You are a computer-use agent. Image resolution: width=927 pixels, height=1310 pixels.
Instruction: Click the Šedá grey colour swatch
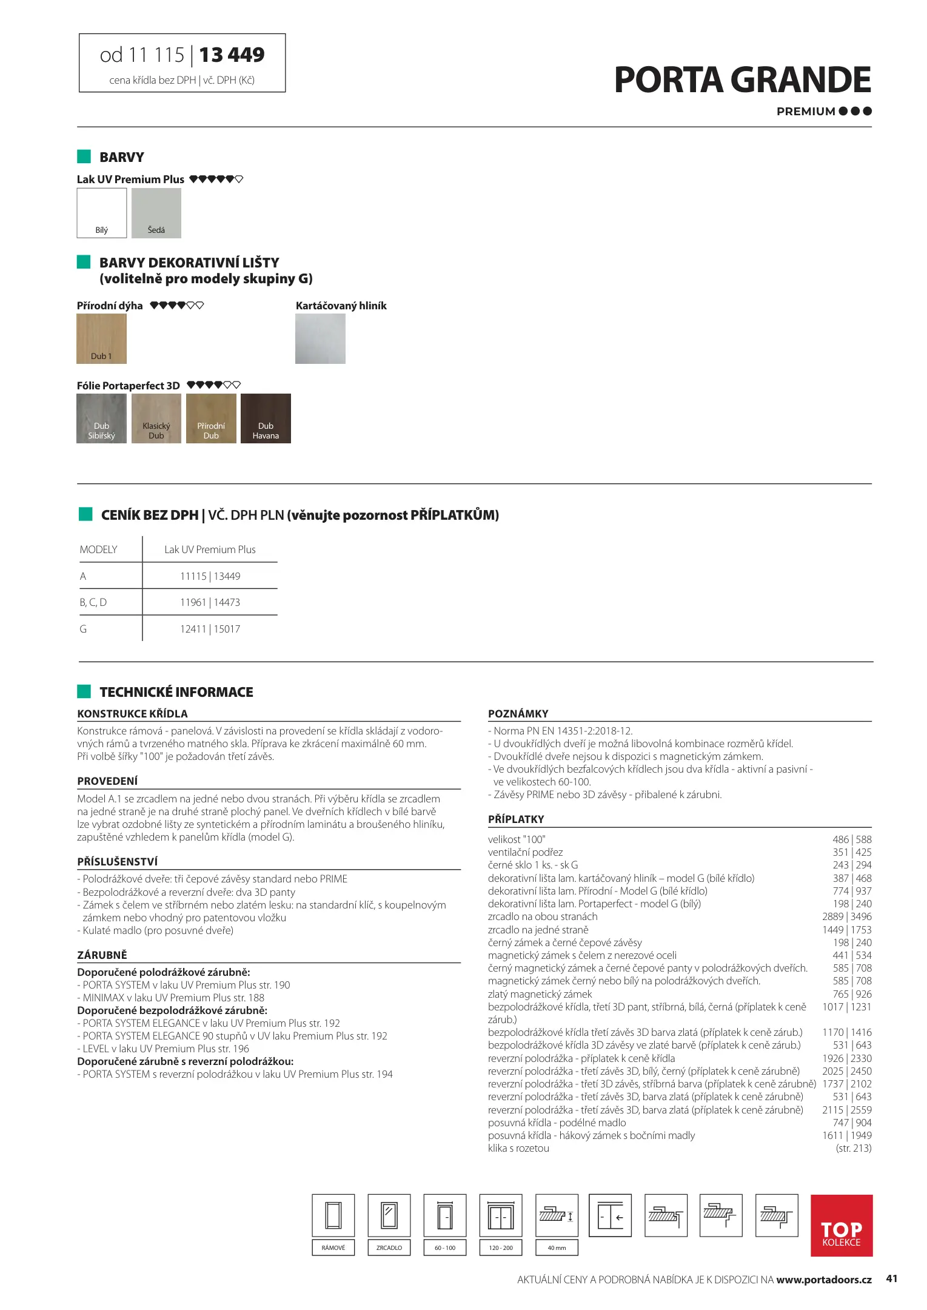(156, 212)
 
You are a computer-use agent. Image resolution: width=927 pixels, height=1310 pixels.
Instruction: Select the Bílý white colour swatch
(102, 212)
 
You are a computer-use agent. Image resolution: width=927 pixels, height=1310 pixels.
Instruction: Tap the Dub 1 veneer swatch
(101, 338)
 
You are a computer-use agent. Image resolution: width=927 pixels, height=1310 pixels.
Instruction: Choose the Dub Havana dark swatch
(266, 418)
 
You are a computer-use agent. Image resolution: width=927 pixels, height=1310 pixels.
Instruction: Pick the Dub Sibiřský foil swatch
(101, 418)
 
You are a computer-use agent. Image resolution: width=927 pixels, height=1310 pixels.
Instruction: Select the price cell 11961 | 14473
(210, 602)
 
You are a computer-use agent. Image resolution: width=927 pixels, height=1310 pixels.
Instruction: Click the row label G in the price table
(83, 629)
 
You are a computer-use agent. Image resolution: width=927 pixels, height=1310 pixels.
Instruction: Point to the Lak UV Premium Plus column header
(210, 549)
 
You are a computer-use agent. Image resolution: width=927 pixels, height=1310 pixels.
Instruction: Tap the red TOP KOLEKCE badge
(841, 1225)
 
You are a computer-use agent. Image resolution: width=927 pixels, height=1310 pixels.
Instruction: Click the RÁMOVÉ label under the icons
(333, 1248)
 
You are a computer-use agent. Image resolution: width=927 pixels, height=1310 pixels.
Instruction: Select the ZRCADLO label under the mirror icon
(389, 1248)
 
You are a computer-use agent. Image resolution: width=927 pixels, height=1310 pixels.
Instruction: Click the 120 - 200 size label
(501, 1248)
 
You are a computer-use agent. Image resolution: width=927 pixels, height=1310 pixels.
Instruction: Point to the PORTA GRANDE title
(742, 80)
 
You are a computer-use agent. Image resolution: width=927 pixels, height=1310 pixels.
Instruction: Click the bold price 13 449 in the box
(232, 55)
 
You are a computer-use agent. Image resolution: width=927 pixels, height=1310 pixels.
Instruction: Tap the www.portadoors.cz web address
(823, 1280)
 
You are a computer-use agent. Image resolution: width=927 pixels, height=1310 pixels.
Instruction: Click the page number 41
(891, 1278)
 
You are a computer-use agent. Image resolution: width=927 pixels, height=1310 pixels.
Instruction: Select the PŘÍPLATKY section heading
(516, 819)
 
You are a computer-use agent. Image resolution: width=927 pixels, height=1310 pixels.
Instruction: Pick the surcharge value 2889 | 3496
(846, 916)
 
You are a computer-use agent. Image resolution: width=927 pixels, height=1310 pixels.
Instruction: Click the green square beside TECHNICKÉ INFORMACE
(84, 691)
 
